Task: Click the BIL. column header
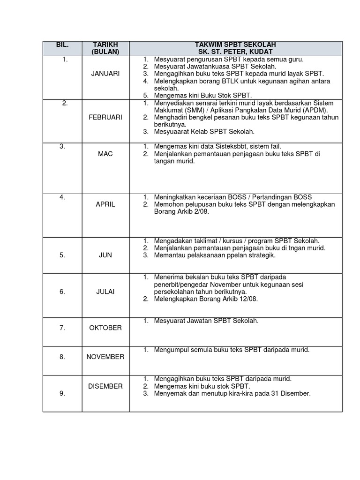[62, 45]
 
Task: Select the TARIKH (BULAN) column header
[105, 48]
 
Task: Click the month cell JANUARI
[105, 74]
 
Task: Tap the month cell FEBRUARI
[105, 117]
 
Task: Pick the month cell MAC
[105, 154]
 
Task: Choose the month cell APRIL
[105, 204]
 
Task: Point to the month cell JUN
[105, 255]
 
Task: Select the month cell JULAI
[105, 292]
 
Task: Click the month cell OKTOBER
[105, 328]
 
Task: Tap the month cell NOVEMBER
[105, 357]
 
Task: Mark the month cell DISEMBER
[105, 386]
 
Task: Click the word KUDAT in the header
[262, 52]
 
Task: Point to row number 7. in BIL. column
[62, 328]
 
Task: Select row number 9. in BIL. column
[62, 394]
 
